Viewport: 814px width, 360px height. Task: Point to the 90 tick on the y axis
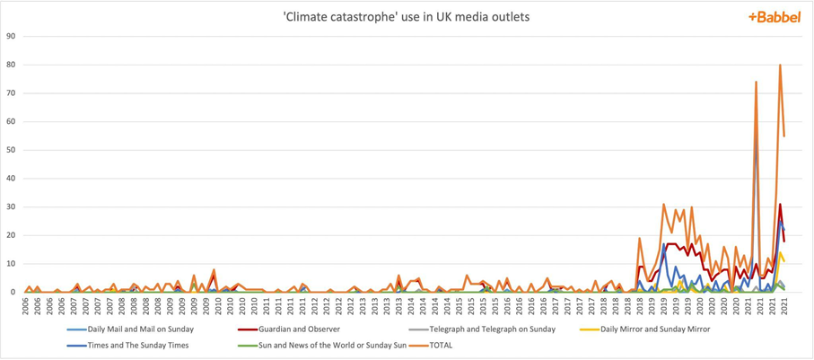(x=11, y=36)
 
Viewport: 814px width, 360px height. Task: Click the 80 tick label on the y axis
(x=11, y=65)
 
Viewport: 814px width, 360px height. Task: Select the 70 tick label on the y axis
(x=11, y=93)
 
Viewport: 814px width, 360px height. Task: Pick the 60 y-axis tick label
(x=11, y=121)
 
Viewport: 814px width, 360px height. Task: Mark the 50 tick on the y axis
(x=11, y=150)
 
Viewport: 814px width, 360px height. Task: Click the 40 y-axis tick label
(x=11, y=179)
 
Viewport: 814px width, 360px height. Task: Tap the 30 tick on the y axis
(x=11, y=206)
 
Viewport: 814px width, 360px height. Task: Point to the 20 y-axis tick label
(x=11, y=235)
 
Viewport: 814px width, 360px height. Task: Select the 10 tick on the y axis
(x=11, y=264)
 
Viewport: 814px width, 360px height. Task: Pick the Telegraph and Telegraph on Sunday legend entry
(x=476, y=329)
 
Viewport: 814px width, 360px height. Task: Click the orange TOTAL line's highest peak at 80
(x=780, y=65)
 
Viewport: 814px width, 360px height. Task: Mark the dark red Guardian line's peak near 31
(x=780, y=205)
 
